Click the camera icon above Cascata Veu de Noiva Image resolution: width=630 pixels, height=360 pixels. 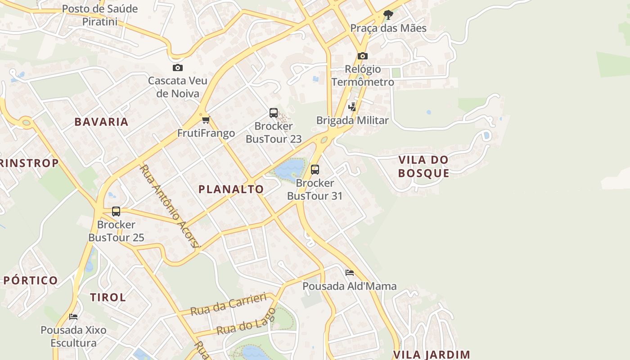coord(178,68)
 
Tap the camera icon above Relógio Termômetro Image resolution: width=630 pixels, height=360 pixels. coord(362,56)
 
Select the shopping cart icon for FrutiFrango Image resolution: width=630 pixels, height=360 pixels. coord(206,120)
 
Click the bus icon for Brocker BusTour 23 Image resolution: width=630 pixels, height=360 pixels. coord(273,113)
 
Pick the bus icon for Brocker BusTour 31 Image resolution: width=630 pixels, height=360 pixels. coord(315,170)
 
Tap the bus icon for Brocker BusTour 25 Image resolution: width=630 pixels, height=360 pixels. coord(116,211)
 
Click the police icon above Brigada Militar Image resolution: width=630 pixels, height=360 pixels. coord(352,107)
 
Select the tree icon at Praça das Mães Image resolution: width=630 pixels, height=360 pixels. coord(388,15)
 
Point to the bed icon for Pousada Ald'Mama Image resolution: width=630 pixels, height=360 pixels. coord(350,273)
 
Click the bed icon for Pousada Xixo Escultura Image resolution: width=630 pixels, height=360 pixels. coord(73,317)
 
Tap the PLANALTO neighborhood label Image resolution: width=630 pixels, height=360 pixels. coord(231,189)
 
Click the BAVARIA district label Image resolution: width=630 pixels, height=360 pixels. coord(102,122)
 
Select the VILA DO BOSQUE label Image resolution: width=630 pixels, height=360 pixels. coord(423,166)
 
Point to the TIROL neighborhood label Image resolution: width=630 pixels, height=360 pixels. coord(108,297)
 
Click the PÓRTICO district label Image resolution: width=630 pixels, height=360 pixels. coord(31,280)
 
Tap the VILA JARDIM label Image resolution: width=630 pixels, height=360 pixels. coord(432,355)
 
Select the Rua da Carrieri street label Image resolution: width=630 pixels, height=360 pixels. coord(228,305)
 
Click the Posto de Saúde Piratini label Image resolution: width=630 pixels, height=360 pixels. coord(100,15)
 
